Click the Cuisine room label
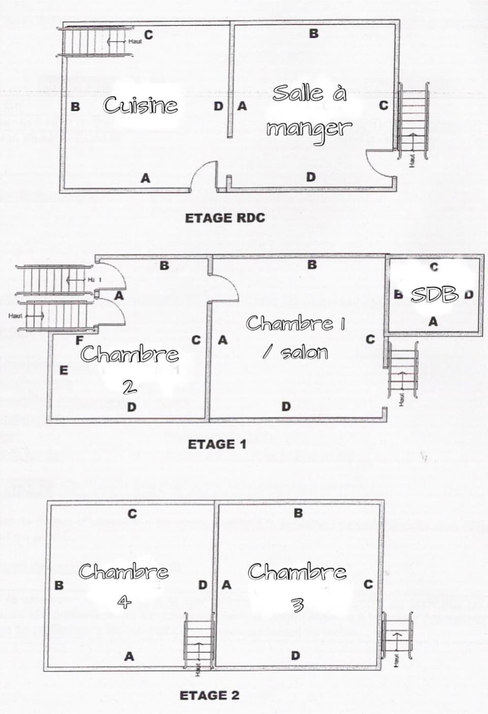140,105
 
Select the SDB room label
435,294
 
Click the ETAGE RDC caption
225,218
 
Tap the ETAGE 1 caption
217,444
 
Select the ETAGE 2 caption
209,695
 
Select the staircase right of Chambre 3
396,636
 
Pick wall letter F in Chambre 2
79,341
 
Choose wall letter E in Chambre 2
64,370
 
